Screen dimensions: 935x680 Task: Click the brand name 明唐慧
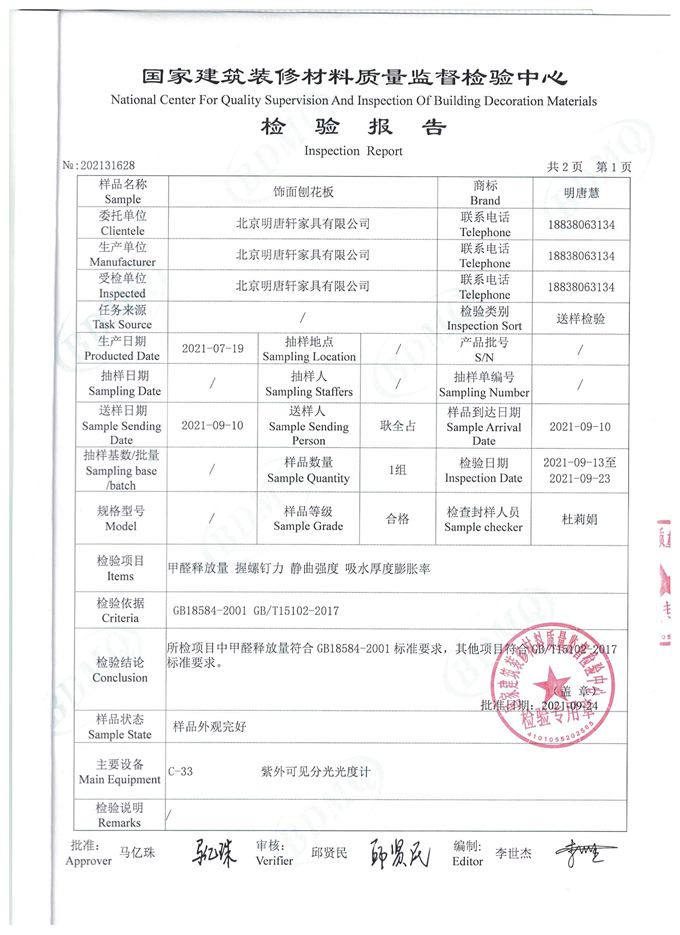point(581,193)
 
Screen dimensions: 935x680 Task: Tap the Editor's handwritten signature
point(587,853)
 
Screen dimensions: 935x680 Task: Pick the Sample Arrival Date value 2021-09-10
point(581,426)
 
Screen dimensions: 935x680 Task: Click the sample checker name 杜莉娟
point(581,520)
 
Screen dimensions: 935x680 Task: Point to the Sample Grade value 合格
point(397,520)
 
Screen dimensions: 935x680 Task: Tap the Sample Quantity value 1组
point(397,471)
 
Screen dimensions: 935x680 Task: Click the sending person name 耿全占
point(397,426)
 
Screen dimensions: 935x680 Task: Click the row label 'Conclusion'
point(120,678)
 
